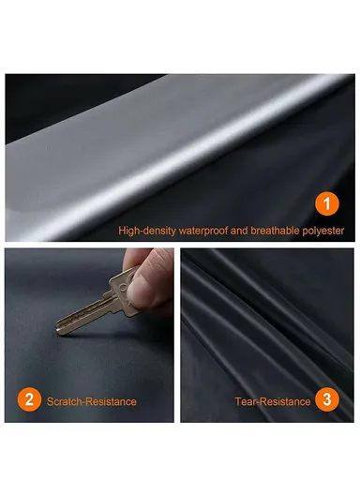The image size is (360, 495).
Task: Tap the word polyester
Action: point(322,230)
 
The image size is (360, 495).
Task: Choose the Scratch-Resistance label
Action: point(91,401)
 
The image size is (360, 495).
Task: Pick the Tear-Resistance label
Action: point(272,401)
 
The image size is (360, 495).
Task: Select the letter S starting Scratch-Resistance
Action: point(50,401)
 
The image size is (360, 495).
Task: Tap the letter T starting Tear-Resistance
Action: point(237,401)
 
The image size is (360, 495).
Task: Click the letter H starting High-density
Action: point(121,230)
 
